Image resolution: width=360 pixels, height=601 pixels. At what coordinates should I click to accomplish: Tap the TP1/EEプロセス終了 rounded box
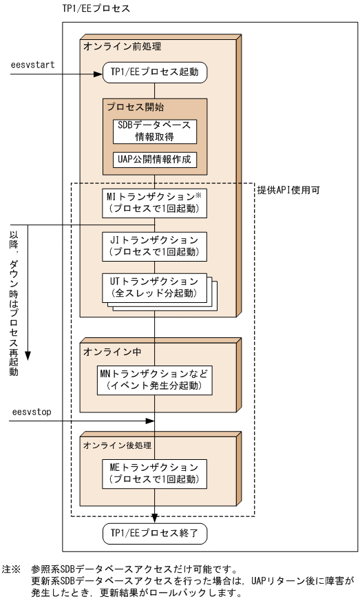pos(155,532)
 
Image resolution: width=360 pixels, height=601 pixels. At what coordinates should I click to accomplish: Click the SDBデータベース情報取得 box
pos(155,129)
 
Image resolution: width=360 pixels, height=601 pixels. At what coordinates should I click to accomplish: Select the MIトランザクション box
pos(155,203)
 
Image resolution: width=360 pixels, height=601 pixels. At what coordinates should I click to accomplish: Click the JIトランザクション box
pos(155,245)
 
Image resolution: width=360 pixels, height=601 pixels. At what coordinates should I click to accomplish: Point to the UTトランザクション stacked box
pos(155,286)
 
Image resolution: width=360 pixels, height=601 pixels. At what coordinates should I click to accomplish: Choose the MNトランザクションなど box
pos(155,379)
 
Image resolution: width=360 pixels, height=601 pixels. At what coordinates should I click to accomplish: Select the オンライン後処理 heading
pos(114,443)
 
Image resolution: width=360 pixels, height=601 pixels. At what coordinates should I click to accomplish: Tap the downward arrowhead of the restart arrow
pos(29,355)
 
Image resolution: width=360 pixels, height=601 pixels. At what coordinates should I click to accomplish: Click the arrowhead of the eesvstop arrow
pos(149,421)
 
